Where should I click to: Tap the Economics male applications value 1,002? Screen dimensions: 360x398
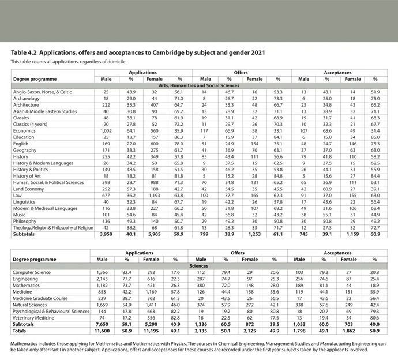tap(106, 130)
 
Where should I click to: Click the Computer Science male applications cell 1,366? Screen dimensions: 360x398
tap(106, 272)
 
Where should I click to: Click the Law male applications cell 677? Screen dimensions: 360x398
tap(106, 196)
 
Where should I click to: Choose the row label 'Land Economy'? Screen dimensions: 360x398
tap(28, 189)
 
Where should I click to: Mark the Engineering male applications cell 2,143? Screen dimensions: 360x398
tap(106, 278)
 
